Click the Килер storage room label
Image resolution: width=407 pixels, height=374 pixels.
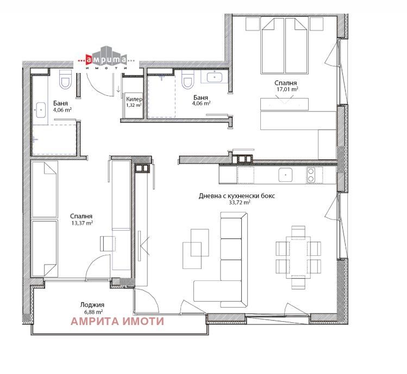pos(134,99)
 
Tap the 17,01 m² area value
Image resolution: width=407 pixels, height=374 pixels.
pos(287,89)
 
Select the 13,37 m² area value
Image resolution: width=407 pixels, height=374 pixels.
pos(82,223)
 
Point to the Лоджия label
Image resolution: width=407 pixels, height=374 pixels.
pos(92,305)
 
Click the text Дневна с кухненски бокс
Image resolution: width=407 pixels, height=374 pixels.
pos(237,196)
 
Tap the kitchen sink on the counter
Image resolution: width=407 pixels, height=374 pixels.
pos(285,175)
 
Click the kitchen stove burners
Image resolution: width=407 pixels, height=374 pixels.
pos(311,175)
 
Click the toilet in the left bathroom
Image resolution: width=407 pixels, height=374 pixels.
pos(65,79)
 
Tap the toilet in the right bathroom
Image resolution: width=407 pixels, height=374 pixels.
pos(188,79)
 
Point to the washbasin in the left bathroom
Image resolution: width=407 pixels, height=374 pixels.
pos(41,110)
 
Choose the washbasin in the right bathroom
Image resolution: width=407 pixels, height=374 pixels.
pos(215,77)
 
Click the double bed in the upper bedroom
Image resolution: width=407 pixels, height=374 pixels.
pos(285,46)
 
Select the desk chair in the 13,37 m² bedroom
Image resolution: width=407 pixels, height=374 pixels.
pos(108,243)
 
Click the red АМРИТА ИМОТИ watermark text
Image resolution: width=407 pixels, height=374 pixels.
pos(117,321)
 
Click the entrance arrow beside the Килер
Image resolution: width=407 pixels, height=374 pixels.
pos(118,89)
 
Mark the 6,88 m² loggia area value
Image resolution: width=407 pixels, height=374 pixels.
pos(92,311)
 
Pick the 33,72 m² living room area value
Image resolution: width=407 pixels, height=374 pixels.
pos(239,203)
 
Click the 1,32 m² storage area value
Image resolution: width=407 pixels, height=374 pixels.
pos(134,105)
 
